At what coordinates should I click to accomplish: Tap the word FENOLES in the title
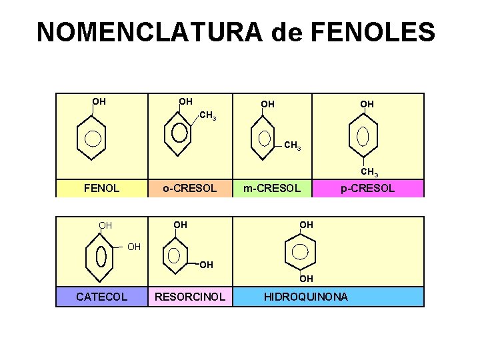pyautogui.click(x=375, y=32)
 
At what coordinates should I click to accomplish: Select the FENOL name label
pyautogui.click(x=101, y=188)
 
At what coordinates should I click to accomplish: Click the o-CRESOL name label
pyautogui.click(x=190, y=188)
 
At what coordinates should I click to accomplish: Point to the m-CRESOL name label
pyautogui.click(x=271, y=188)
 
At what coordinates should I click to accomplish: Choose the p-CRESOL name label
pyautogui.click(x=367, y=188)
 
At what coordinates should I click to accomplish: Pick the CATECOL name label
pyautogui.click(x=101, y=297)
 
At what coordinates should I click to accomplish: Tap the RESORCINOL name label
pyautogui.click(x=190, y=297)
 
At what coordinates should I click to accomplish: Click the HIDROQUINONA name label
pyautogui.click(x=306, y=297)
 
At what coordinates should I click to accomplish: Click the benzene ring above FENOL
pyautogui.click(x=93, y=139)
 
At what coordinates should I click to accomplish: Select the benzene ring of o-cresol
pyautogui.click(x=179, y=133)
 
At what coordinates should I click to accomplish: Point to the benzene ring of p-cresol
pyautogui.click(x=363, y=136)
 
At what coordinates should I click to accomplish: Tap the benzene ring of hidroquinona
pyautogui.click(x=301, y=251)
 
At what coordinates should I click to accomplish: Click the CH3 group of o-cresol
pyautogui.click(x=208, y=116)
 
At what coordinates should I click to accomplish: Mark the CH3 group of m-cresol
pyautogui.click(x=292, y=145)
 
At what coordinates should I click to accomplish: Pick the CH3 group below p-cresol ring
pyautogui.click(x=369, y=173)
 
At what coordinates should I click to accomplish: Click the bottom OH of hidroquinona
pyautogui.click(x=306, y=278)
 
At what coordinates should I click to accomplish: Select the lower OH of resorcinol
pyautogui.click(x=206, y=265)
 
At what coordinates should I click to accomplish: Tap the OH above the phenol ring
pyautogui.click(x=99, y=102)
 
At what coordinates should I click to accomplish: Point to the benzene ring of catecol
pyautogui.click(x=101, y=256)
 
